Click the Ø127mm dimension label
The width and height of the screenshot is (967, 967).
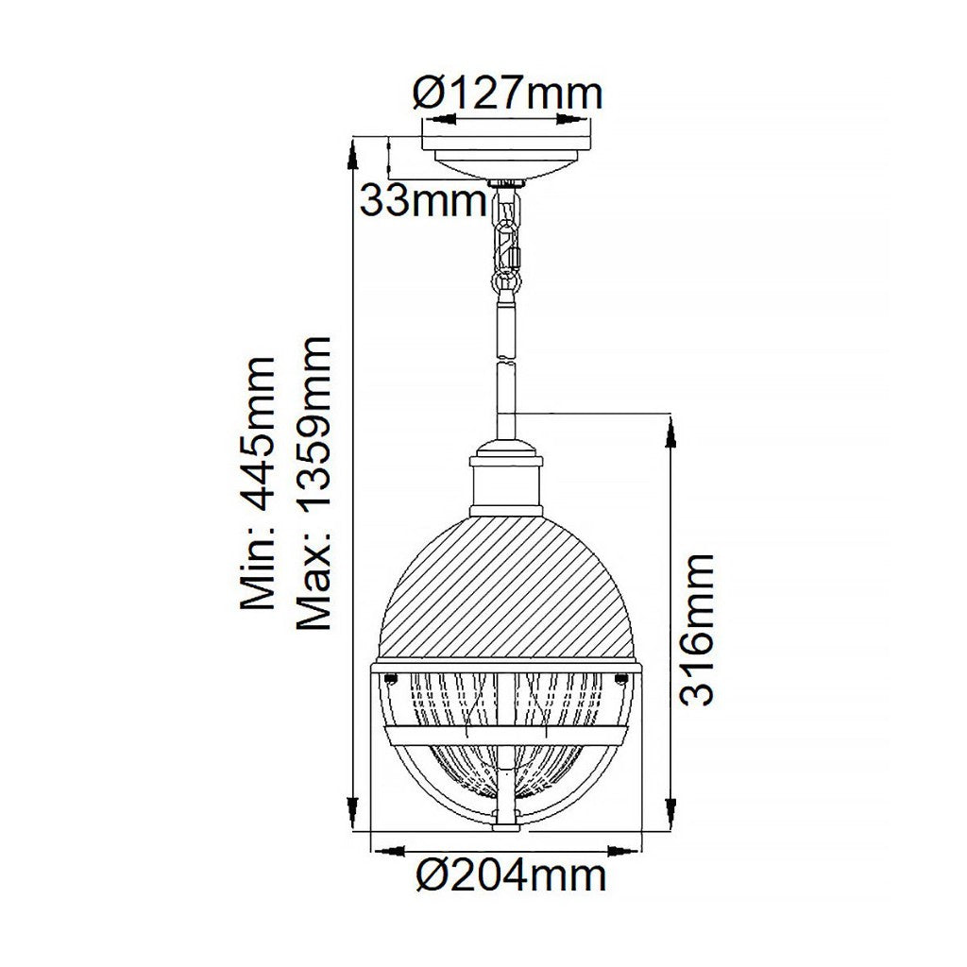tap(507, 93)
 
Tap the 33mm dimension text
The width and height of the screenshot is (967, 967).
tap(423, 200)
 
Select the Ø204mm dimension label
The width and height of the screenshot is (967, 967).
tap(511, 874)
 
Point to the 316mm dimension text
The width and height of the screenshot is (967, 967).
tap(698, 630)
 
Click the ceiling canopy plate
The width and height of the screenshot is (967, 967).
tap(506, 157)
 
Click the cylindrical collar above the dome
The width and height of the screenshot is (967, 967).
tap(506, 485)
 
